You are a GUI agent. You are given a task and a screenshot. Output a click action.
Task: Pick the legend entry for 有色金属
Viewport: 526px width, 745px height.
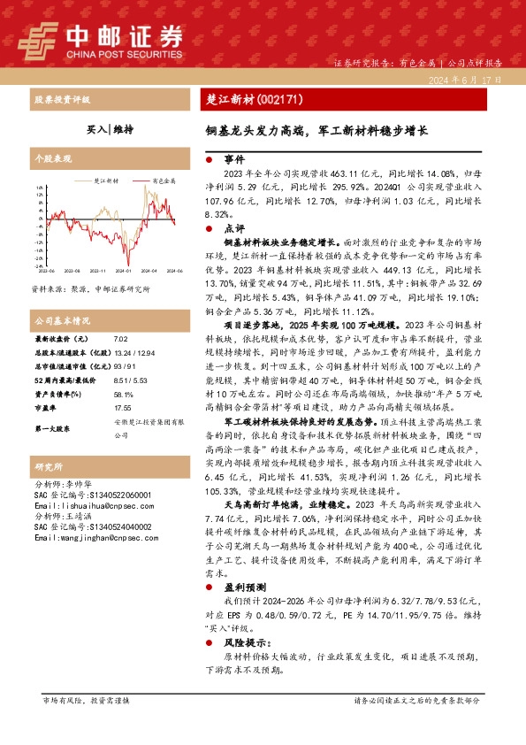164,180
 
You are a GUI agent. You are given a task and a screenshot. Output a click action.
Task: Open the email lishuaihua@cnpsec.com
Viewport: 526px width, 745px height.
86,504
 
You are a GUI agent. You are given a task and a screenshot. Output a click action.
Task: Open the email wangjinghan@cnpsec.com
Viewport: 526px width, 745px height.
88,536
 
